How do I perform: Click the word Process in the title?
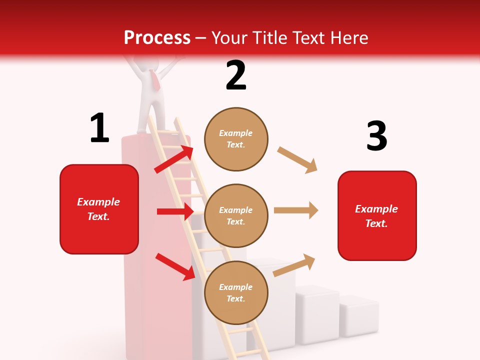[157, 38]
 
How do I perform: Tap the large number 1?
[99, 128]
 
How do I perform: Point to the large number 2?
[236, 76]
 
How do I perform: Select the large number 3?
[376, 136]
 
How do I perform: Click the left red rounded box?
[99, 209]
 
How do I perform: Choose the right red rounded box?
[377, 215]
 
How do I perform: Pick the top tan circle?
[236, 139]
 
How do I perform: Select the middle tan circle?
[236, 215]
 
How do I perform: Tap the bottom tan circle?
[236, 292]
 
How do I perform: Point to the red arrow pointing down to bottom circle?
[175, 266]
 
